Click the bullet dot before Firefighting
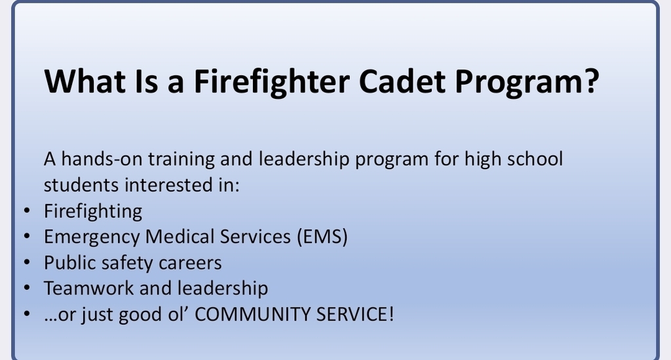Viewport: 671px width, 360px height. click(26, 211)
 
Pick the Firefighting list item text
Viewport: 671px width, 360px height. click(93, 211)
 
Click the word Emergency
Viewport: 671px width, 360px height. click(92, 237)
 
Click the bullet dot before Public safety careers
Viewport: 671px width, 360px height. click(26, 263)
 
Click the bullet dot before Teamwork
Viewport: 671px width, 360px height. click(26, 289)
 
